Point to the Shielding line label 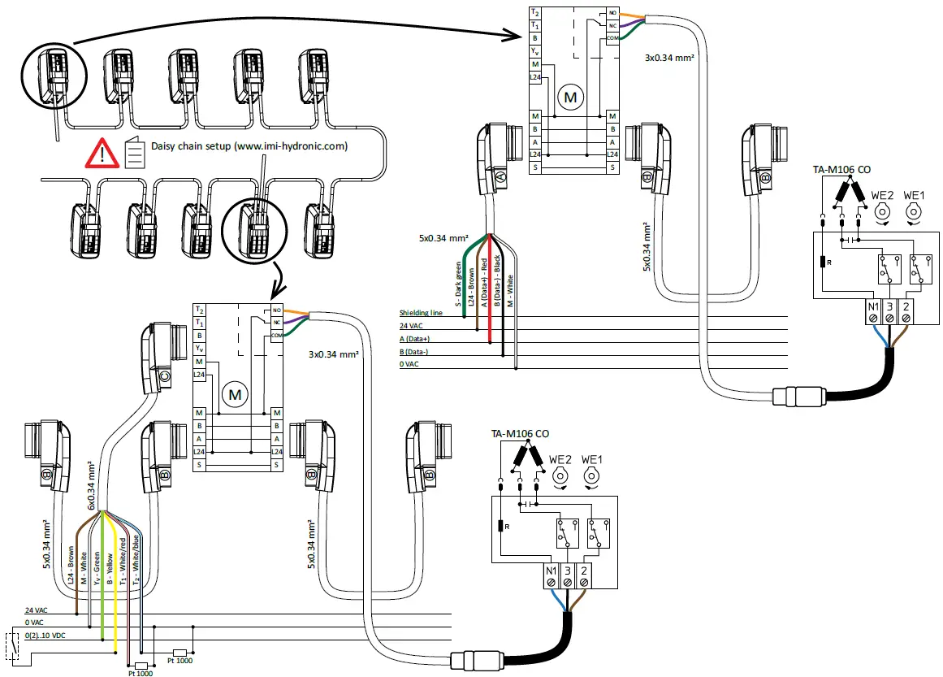421,313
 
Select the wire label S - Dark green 459,284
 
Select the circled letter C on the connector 164,376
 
